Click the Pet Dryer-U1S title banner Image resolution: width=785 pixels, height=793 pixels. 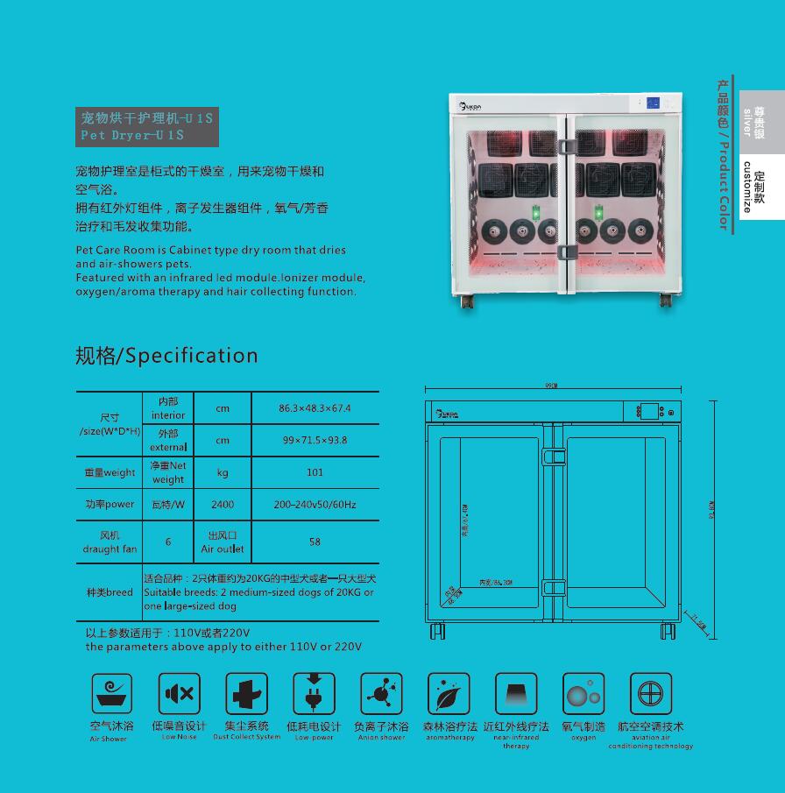(147, 126)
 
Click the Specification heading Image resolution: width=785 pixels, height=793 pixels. (166, 355)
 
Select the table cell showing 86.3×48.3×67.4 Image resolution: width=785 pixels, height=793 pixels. (315, 408)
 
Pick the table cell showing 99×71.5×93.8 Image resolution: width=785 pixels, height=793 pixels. (315, 440)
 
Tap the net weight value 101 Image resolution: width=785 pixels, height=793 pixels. (315, 472)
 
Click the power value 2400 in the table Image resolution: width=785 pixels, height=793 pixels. (223, 505)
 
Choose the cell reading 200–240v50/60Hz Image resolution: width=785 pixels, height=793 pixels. (315, 505)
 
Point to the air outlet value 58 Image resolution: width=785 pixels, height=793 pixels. (315, 542)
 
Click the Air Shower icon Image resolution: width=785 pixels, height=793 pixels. (112, 694)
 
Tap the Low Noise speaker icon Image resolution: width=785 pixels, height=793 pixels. (180, 694)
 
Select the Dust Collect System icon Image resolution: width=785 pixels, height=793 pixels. (247, 694)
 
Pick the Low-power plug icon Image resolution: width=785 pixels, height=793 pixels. (314, 694)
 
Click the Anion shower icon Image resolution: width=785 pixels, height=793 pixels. (381, 694)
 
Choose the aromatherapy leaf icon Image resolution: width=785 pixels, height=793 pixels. (449, 694)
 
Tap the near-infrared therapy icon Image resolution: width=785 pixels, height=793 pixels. (516, 694)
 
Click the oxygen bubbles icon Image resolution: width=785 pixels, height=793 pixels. (583, 694)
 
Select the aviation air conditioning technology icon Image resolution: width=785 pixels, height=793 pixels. (650, 694)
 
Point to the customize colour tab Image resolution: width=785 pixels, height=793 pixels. (761, 187)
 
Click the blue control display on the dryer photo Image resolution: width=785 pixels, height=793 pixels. (654, 103)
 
